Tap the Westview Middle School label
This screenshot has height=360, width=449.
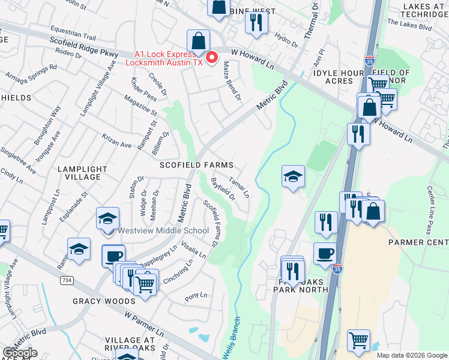[x=164, y=230]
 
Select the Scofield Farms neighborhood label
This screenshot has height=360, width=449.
[x=196, y=164]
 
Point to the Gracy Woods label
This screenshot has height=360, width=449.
[x=104, y=301]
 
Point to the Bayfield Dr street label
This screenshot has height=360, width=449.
[x=223, y=189]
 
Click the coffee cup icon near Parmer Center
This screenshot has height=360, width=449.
[x=325, y=253]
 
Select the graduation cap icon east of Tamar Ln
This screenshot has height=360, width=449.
[x=293, y=176]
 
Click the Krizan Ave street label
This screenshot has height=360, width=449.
[x=116, y=141]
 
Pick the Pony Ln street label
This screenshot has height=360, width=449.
[x=196, y=296]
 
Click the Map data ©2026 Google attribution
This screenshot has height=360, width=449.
[x=412, y=355]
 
